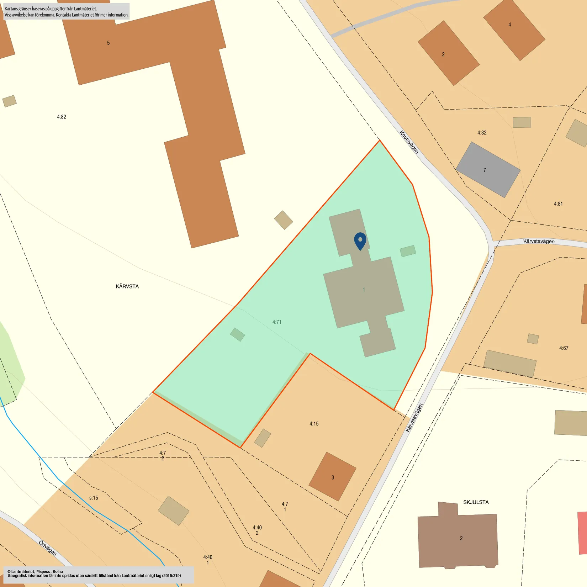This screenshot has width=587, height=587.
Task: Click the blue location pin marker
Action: pos(360,241)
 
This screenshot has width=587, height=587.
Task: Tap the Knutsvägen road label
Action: pos(409,142)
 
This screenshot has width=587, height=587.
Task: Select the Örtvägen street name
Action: pos(48,548)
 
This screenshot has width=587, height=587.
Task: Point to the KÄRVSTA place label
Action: pos(127,286)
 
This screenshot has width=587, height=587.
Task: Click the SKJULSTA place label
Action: pos(476,502)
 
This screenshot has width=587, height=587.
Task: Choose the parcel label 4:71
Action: pos(277,322)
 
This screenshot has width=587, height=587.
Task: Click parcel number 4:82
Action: pos(62,117)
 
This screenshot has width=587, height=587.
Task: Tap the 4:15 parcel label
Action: pos(314,424)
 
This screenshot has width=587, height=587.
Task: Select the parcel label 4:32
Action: pos(482,133)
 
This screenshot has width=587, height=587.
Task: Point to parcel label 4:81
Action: pos(558,204)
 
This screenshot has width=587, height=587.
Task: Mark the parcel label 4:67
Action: pos(564,348)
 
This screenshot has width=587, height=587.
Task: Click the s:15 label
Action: pos(94,498)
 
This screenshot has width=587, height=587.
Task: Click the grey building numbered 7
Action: pos(488,170)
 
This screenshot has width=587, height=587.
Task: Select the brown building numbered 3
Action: pos(332,477)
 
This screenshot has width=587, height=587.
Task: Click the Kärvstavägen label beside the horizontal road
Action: pos(539,241)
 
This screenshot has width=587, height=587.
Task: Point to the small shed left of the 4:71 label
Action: pos(237,334)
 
